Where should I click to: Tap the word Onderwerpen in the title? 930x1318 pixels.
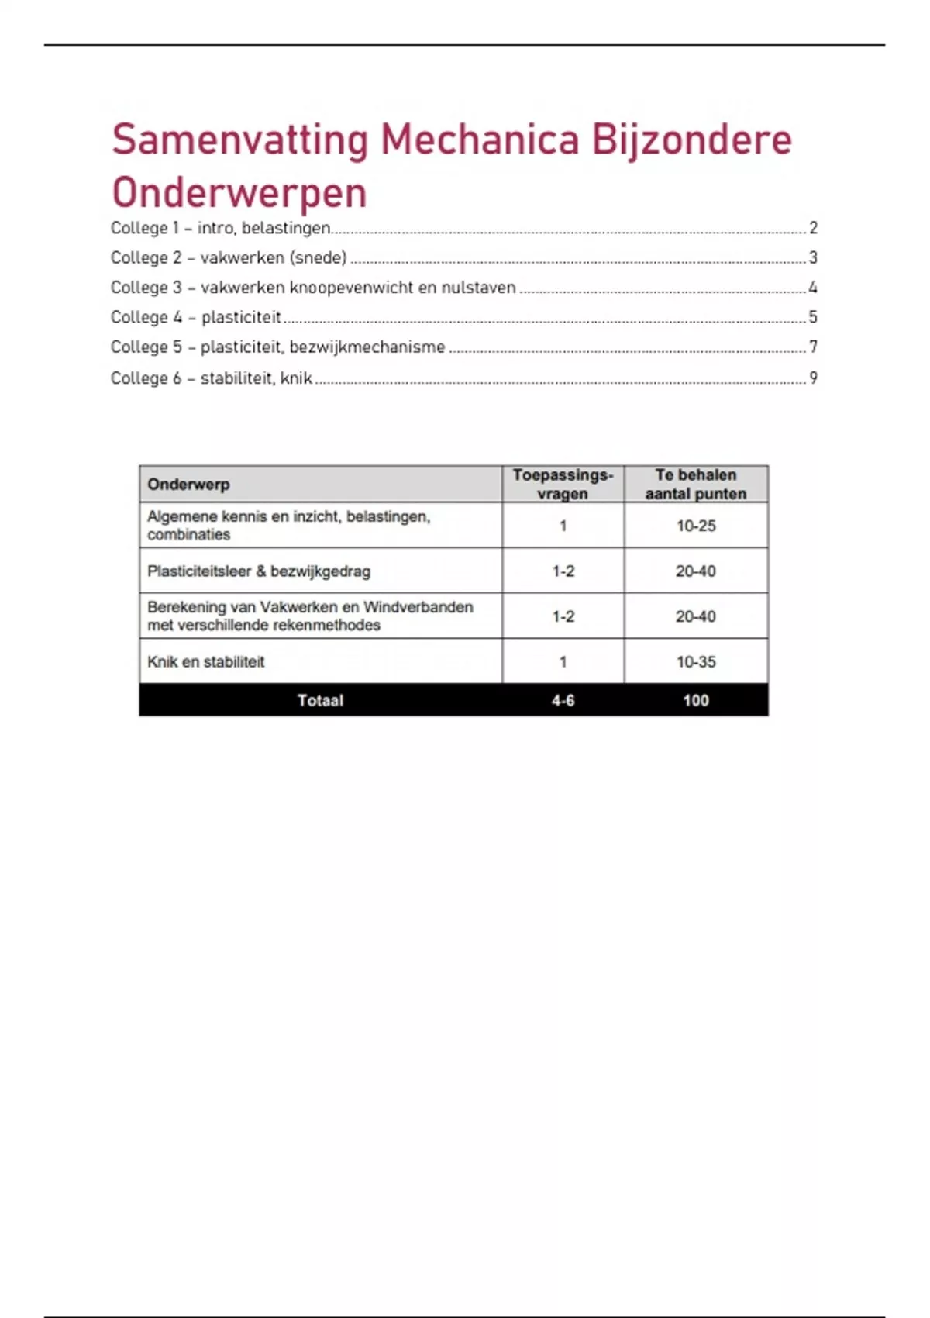(239, 193)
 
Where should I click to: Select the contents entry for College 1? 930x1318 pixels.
(221, 228)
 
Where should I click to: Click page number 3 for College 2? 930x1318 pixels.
(813, 257)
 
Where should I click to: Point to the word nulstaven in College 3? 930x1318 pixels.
(478, 288)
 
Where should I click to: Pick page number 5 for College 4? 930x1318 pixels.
(813, 317)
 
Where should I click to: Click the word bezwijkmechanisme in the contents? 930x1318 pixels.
(367, 347)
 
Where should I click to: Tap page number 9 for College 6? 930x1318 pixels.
(813, 378)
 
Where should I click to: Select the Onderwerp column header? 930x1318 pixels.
(188, 485)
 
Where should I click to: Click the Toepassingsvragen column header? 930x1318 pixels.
(563, 485)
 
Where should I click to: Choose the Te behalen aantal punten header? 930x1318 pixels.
(695, 485)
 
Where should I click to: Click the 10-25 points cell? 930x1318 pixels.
(695, 526)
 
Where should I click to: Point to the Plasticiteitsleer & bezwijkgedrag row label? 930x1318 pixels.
(259, 571)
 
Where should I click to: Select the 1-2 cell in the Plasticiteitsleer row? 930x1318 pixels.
(563, 571)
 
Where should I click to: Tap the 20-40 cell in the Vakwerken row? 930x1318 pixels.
(695, 616)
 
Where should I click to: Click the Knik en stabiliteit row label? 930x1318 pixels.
(206, 662)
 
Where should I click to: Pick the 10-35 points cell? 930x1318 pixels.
(695, 662)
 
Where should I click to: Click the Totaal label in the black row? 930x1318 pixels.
(320, 701)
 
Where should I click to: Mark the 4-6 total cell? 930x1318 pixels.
(563, 701)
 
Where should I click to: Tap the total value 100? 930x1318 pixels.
(695, 701)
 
